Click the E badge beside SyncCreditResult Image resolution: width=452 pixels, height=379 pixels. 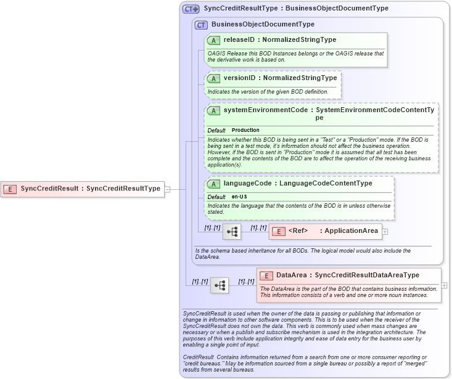point(10,189)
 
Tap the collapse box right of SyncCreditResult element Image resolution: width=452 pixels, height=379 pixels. point(167,189)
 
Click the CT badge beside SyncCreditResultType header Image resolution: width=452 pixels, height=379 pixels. point(191,9)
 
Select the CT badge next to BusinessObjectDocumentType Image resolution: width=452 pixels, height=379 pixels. point(201,25)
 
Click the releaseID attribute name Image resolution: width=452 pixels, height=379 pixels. point(239,40)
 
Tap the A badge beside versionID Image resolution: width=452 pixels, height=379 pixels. point(214,79)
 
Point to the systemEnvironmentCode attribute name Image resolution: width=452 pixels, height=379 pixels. point(265,110)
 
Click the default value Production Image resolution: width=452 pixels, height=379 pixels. point(245,131)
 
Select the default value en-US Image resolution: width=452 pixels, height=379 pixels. point(240,197)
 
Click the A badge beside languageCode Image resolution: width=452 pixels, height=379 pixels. point(214,184)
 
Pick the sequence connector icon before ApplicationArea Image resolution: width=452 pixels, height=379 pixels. point(232,232)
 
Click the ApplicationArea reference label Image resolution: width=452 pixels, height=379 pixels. point(351,231)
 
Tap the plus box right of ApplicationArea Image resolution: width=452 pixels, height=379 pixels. point(385,232)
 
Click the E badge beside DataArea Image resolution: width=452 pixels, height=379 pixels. point(266,275)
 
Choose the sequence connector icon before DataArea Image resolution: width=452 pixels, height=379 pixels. point(220,285)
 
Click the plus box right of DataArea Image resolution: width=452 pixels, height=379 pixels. point(445,285)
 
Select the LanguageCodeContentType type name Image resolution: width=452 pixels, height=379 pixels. point(326,183)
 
